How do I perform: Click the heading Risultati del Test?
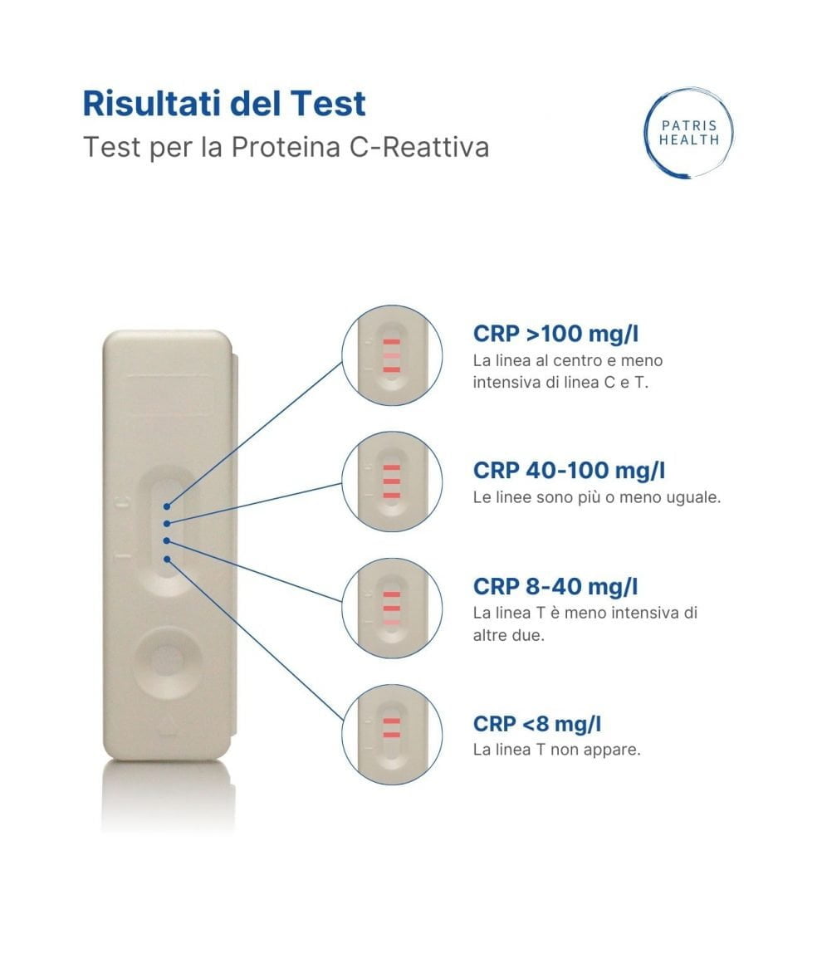pyautogui.click(x=224, y=104)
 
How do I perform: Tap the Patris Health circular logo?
pyautogui.click(x=688, y=133)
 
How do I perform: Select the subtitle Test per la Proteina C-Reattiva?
pyautogui.click(x=286, y=147)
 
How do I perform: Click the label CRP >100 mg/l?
pyautogui.click(x=555, y=334)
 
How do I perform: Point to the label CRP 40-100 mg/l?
pyautogui.click(x=569, y=470)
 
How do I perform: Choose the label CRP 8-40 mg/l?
pyautogui.click(x=555, y=586)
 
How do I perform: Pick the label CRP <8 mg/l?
pyautogui.click(x=536, y=723)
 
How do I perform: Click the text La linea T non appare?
pyautogui.click(x=556, y=750)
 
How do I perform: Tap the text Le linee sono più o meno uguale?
pyautogui.click(x=596, y=498)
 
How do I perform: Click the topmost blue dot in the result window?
pyautogui.click(x=168, y=505)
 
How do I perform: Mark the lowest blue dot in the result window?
pyautogui.click(x=168, y=558)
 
